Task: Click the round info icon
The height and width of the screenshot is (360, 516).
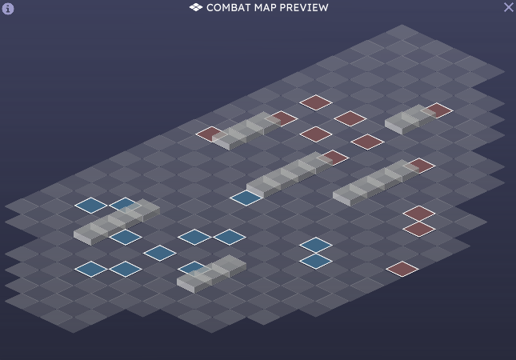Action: click(x=8, y=9)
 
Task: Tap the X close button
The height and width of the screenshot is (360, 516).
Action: click(x=508, y=7)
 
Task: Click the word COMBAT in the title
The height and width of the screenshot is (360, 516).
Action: click(x=229, y=7)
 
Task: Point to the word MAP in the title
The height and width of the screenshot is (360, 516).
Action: click(x=267, y=7)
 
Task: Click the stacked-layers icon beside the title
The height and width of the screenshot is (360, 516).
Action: click(x=196, y=7)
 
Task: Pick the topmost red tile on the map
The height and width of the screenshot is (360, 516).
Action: click(x=316, y=102)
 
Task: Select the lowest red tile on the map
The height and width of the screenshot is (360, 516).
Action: click(x=402, y=269)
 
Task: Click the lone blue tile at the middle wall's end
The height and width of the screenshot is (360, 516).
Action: click(x=246, y=197)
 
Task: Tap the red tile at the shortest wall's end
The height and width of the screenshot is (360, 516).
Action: click(x=438, y=110)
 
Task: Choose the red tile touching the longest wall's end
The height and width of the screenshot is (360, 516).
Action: click(x=420, y=166)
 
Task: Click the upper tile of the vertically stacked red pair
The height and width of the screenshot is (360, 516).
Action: click(x=419, y=214)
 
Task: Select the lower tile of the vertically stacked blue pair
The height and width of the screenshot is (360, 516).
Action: click(x=316, y=261)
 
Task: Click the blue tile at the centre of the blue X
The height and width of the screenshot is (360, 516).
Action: click(x=160, y=253)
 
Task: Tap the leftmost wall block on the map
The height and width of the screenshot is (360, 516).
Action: click(x=116, y=222)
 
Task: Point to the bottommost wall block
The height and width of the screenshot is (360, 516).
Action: click(x=211, y=273)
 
